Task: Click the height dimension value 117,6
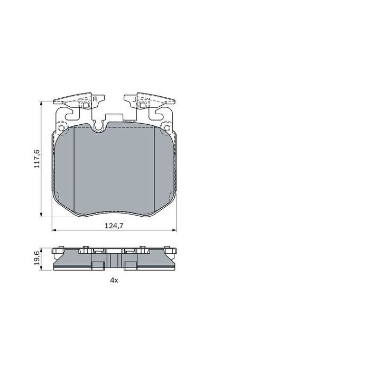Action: [36, 159]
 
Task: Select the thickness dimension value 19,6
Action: [36, 258]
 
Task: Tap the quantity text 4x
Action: [114, 281]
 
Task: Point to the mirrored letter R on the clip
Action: [94, 99]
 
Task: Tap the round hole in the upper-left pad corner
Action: [61, 127]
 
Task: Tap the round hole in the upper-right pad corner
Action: [168, 127]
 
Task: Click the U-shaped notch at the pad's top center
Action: [99, 126]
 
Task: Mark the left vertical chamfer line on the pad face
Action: [75, 169]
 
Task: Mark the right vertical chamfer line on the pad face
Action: [154, 169]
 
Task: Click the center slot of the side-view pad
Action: [113, 260]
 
